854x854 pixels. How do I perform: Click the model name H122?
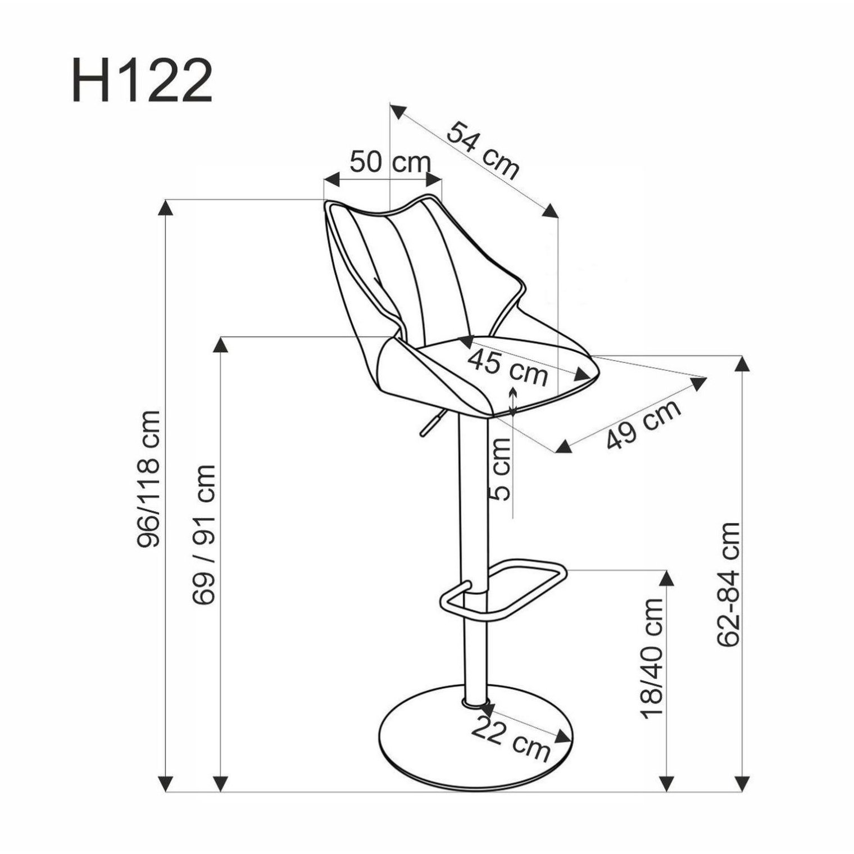142,81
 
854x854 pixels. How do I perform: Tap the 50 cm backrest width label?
390,162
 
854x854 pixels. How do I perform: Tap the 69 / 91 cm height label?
203,534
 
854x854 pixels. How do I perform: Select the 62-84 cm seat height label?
729,584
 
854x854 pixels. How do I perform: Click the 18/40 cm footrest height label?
652,658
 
